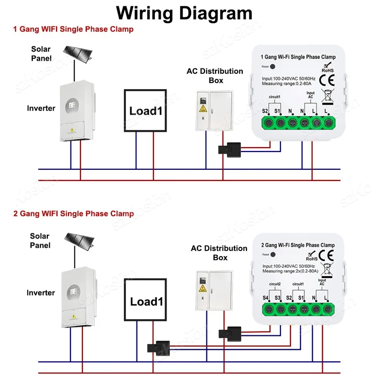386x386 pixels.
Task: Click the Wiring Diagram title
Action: coord(184,13)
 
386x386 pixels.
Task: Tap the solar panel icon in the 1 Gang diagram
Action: coord(78,54)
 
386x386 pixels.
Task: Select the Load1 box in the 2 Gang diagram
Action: coord(146,300)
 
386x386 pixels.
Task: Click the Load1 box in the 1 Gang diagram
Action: coord(145,110)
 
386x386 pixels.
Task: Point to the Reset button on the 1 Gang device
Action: coord(273,67)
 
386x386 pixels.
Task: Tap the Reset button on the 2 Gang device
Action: coord(273,255)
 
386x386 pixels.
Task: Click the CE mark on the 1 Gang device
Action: coord(327,81)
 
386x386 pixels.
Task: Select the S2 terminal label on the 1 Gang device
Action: coord(265,111)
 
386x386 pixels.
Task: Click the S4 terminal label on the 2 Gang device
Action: coord(265,298)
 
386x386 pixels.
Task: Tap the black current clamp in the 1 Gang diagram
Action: coord(230,150)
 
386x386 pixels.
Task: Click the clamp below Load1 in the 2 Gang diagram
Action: coord(159,348)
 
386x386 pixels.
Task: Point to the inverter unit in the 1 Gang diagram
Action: coord(77,110)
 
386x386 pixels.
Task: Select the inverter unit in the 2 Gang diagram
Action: coord(79,297)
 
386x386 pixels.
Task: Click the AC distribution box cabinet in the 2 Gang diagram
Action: coord(214,290)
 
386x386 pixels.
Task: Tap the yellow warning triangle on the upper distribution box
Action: coord(203,108)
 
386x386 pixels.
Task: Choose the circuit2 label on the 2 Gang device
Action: coord(275,284)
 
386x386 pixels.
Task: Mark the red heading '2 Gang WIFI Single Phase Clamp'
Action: coord(74,213)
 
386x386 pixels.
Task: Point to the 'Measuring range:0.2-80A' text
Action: coord(287,83)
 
